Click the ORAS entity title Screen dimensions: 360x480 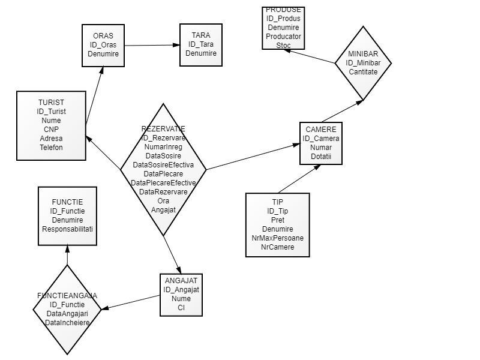[103, 35]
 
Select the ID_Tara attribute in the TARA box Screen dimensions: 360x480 [201, 44]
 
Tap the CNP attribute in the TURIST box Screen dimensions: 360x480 [52, 129]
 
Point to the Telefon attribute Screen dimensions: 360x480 [52, 147]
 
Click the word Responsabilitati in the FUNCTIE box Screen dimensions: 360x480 [67, 229]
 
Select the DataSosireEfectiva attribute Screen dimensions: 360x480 [163, 164]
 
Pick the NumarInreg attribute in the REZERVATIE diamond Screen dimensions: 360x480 [163, 146]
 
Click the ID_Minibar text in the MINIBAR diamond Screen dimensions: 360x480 [363, 62]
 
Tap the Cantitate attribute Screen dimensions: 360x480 [363, 71]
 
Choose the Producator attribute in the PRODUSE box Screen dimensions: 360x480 [284, 36]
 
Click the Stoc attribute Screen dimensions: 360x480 [284, 45]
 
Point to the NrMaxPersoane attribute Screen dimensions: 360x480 [278, 238]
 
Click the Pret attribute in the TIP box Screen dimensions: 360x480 [278, 220]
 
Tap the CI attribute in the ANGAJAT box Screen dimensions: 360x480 [181, 307]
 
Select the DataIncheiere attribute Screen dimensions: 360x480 [67, 322]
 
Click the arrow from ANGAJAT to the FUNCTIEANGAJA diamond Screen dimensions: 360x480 [131, 302]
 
